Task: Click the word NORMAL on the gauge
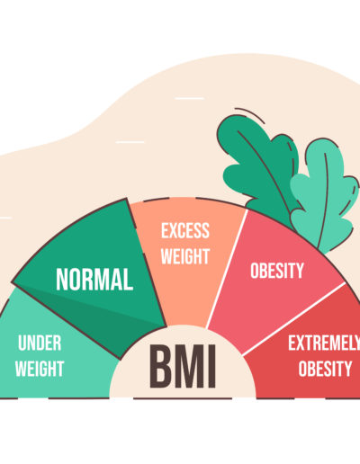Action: click(94, 280)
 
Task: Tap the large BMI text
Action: click(183, 366)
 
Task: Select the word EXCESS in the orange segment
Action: click(185, 230)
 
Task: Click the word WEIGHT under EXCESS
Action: click(185, 256)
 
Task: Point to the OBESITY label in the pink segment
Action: click(277, 271)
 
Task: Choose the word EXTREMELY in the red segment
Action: click(324, 343)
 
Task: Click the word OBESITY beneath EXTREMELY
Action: click(325, 369)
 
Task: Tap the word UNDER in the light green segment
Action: click(40, 343)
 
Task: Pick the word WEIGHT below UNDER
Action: click(40, 369)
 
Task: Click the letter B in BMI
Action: click(161, 366)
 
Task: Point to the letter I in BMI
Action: click(212, 366)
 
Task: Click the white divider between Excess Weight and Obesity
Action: click(227, 269)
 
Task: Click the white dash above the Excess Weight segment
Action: click(189, 98)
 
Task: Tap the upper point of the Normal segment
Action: click(126, 199)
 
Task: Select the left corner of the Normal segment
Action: click(13, 282)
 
